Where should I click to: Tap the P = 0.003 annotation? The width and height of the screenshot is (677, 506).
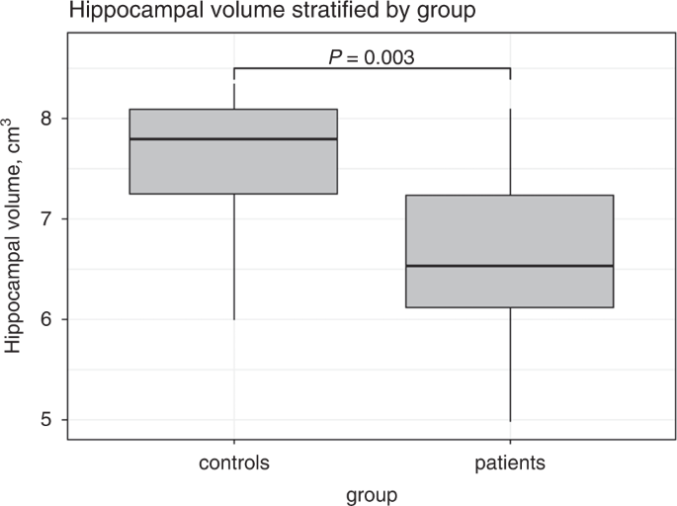pos(371,57)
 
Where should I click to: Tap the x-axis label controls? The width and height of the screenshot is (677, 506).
pos(233,462)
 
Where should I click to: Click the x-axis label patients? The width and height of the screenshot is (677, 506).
pos(510,462)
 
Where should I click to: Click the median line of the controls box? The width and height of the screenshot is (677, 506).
pos(233,139)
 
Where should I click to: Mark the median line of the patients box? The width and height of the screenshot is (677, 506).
pos(510,266)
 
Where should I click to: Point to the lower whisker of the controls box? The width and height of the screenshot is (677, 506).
pos(233,257)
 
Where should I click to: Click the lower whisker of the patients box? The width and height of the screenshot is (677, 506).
pos(510,365)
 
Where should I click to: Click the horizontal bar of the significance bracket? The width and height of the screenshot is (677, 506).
pos(372,69)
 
